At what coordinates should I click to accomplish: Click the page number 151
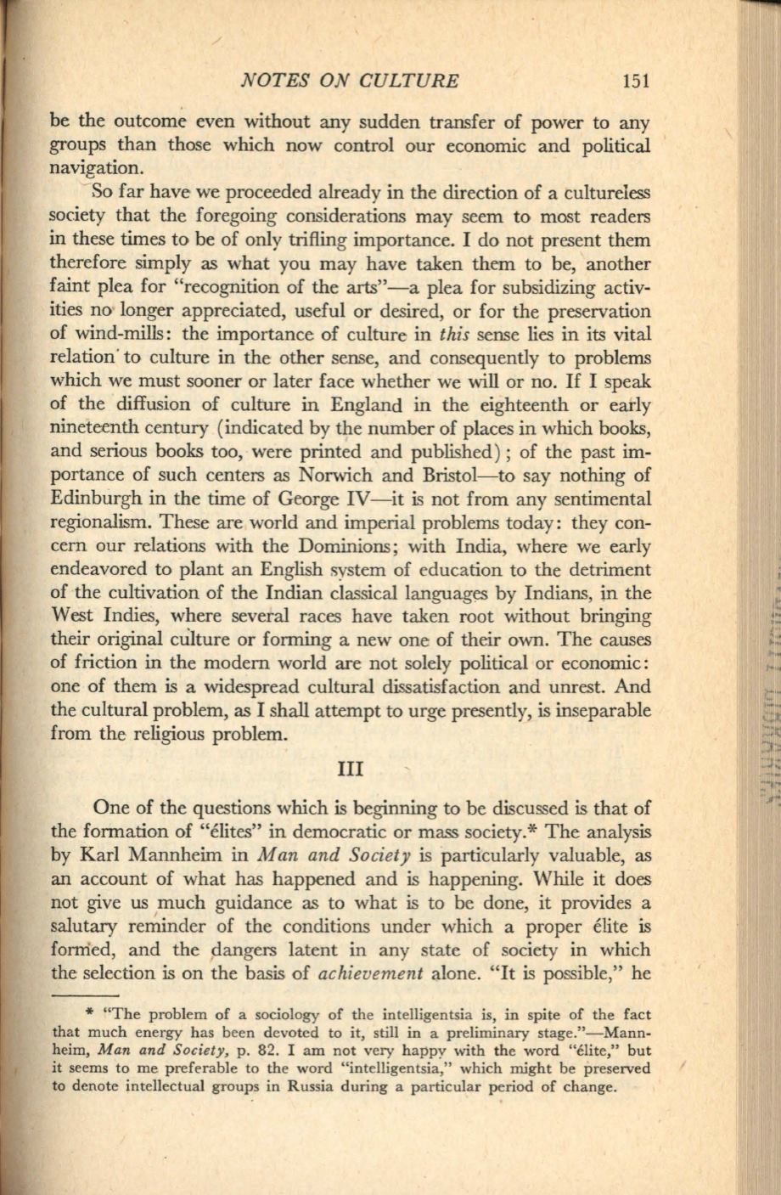(635, 82)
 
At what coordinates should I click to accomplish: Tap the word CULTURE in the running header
(411, 82)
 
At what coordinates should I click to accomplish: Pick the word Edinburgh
(94, 499)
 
